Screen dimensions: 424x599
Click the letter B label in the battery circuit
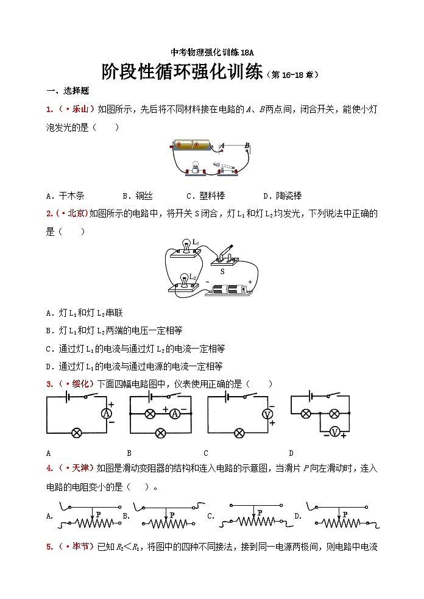(246, 145)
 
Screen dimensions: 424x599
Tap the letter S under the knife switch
(222, 271)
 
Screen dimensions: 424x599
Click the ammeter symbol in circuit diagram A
(107, 413)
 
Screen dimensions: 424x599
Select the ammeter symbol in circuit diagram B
(175, 413)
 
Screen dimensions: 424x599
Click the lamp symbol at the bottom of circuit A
(77, 433)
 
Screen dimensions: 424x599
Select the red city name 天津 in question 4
(80, 468)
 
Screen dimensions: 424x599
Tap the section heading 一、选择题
(68, 91)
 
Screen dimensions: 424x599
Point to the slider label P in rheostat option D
(345, 515)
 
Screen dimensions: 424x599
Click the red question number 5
(49, 547)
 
